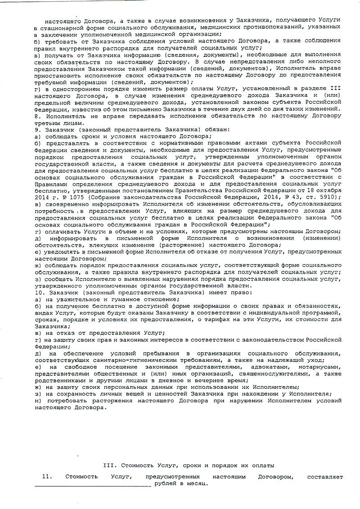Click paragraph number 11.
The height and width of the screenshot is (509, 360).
coord(45,476)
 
